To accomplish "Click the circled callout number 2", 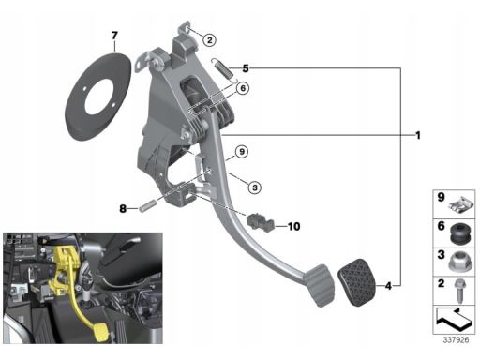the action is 209,40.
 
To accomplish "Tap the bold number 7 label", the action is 114,36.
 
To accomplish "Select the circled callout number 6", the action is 243,88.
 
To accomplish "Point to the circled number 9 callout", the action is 242,152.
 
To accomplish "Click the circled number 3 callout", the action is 255,187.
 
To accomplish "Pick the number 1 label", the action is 418,135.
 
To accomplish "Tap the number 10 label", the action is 293,226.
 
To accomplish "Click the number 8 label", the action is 123,208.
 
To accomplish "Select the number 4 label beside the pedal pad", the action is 388,286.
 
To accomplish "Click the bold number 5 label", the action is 246,68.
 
